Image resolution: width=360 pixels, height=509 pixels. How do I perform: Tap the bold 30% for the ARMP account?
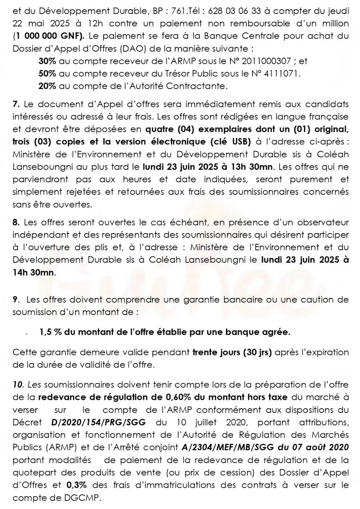pos(47,61)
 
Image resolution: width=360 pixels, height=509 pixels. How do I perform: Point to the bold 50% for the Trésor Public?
pos(47,74)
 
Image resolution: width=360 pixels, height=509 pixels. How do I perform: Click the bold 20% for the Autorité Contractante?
pos(47,86)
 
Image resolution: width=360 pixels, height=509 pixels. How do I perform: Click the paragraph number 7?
pos(16,105)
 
